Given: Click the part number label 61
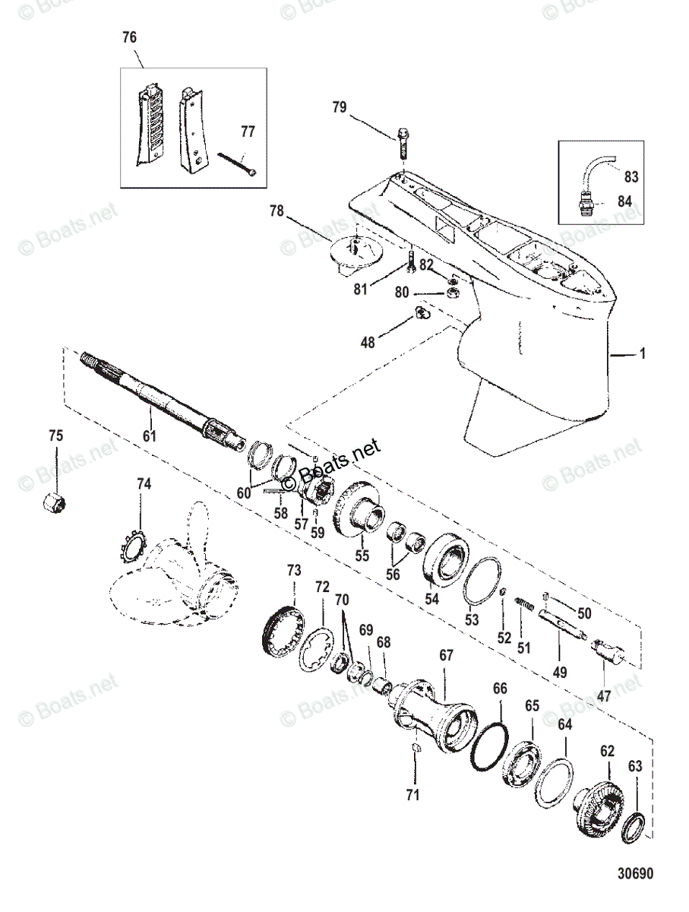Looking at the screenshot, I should click(x=149, y=436).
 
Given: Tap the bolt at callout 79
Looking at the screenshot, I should click(x=403, y=141).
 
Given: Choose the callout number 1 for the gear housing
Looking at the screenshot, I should click(x=643, y=354).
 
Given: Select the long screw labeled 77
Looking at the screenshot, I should click(x=239, y=164).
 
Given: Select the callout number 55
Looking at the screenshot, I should click(x=362, y=556).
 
